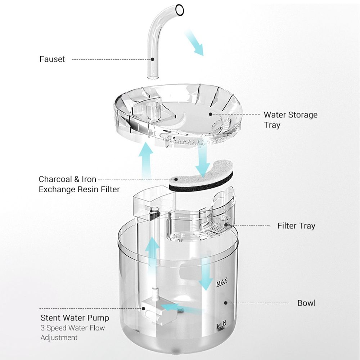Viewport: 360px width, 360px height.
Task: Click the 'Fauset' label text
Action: [x=52, y=59]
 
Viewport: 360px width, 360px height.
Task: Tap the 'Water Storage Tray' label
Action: [x=291, y=120]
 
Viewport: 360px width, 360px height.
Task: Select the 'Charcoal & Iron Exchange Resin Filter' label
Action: [x=79, y=184]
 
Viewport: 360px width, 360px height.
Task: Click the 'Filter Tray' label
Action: [x=296, y=226]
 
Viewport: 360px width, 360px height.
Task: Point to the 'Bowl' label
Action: [x=306, y=303]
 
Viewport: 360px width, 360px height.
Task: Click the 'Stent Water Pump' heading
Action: [x=75, y=318]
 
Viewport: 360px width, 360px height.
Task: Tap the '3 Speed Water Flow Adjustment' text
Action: [x=72, y=333]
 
